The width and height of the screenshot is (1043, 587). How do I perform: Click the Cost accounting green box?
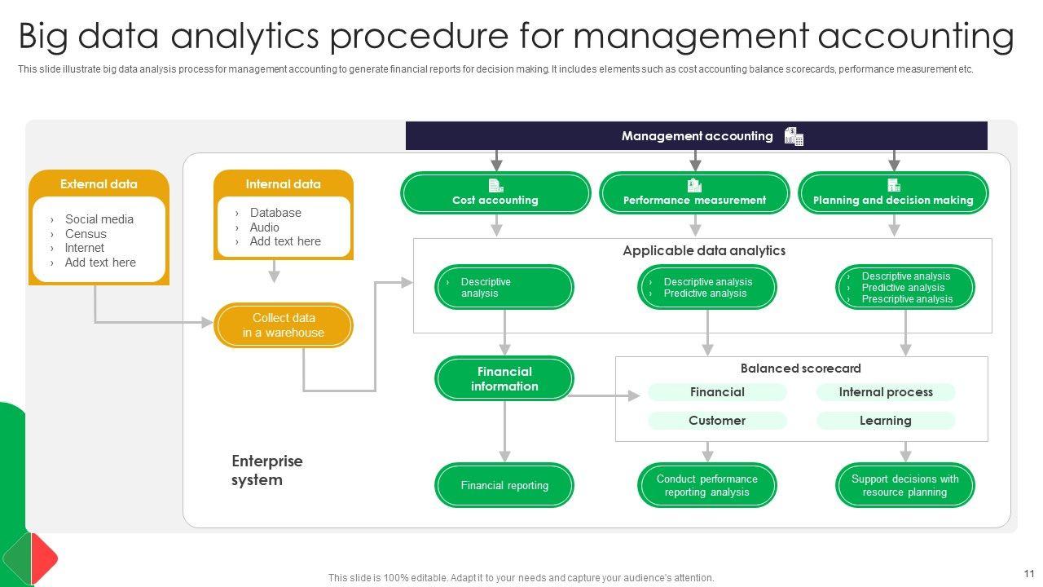(x=495, y=193)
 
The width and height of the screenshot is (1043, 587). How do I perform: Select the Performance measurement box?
(x=694, y=193)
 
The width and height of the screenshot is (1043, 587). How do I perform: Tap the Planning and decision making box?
(x=893, y=193)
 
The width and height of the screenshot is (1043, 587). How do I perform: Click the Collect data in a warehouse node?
(x=284, y=325)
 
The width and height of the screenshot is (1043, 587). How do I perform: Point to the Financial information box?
(x=504, y=378)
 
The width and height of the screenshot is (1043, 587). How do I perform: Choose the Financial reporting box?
(x=504, y=485)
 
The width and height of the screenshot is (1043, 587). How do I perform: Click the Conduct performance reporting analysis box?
(x=707, y=485)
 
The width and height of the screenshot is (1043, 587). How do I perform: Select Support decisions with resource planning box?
(x=905, y=485)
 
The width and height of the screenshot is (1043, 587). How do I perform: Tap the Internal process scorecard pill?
(x=886, y=392)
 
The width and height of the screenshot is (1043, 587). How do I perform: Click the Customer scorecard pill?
(x=717, y=421)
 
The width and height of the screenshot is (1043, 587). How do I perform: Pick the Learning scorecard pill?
(x=886, y=421)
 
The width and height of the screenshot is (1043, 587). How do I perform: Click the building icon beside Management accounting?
(x=794, y=136)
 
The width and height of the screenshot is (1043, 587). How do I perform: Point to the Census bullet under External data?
(x=86, y=234)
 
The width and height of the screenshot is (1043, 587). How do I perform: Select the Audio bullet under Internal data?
(x=264, y=227)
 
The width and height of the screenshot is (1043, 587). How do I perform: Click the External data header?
(x=99, y=184)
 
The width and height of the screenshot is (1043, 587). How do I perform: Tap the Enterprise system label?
(x=257, y=470)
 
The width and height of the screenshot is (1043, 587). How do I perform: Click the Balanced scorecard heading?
(x=800, y=369)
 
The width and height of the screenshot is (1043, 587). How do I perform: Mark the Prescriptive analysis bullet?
(x=907, y=299)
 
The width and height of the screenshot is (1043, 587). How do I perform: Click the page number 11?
(x=1029, y=573)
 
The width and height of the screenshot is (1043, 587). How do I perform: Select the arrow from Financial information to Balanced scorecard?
(x=603, y=396)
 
